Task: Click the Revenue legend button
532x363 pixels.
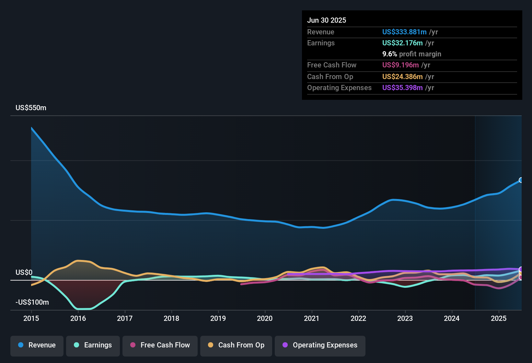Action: (37, 345)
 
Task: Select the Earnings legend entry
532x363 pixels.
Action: (93, 345)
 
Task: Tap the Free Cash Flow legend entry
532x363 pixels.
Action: (160, 345)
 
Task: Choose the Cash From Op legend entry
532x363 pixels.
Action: (236, 345)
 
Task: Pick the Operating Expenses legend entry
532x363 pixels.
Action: (320, 345)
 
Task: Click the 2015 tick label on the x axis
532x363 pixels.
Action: (31, 318)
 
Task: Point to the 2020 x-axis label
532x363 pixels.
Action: (265, 318)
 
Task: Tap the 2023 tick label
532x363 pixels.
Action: (405, 318)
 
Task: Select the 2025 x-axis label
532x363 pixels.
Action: (499, 318)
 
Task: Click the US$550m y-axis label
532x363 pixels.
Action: (31, 108)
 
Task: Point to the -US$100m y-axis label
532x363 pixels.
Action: (32, 302)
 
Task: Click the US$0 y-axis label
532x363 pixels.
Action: (24, 273)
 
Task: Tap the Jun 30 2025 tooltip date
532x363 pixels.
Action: (327, 20)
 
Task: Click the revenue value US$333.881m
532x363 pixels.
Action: (404, 32)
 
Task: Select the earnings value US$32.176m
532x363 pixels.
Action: (402, 43)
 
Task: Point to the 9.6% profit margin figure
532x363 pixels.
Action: (411, 54)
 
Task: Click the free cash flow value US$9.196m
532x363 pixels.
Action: (400, 65)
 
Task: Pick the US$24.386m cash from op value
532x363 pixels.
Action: (402, 77)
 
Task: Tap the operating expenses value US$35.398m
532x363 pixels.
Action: (402, 88)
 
